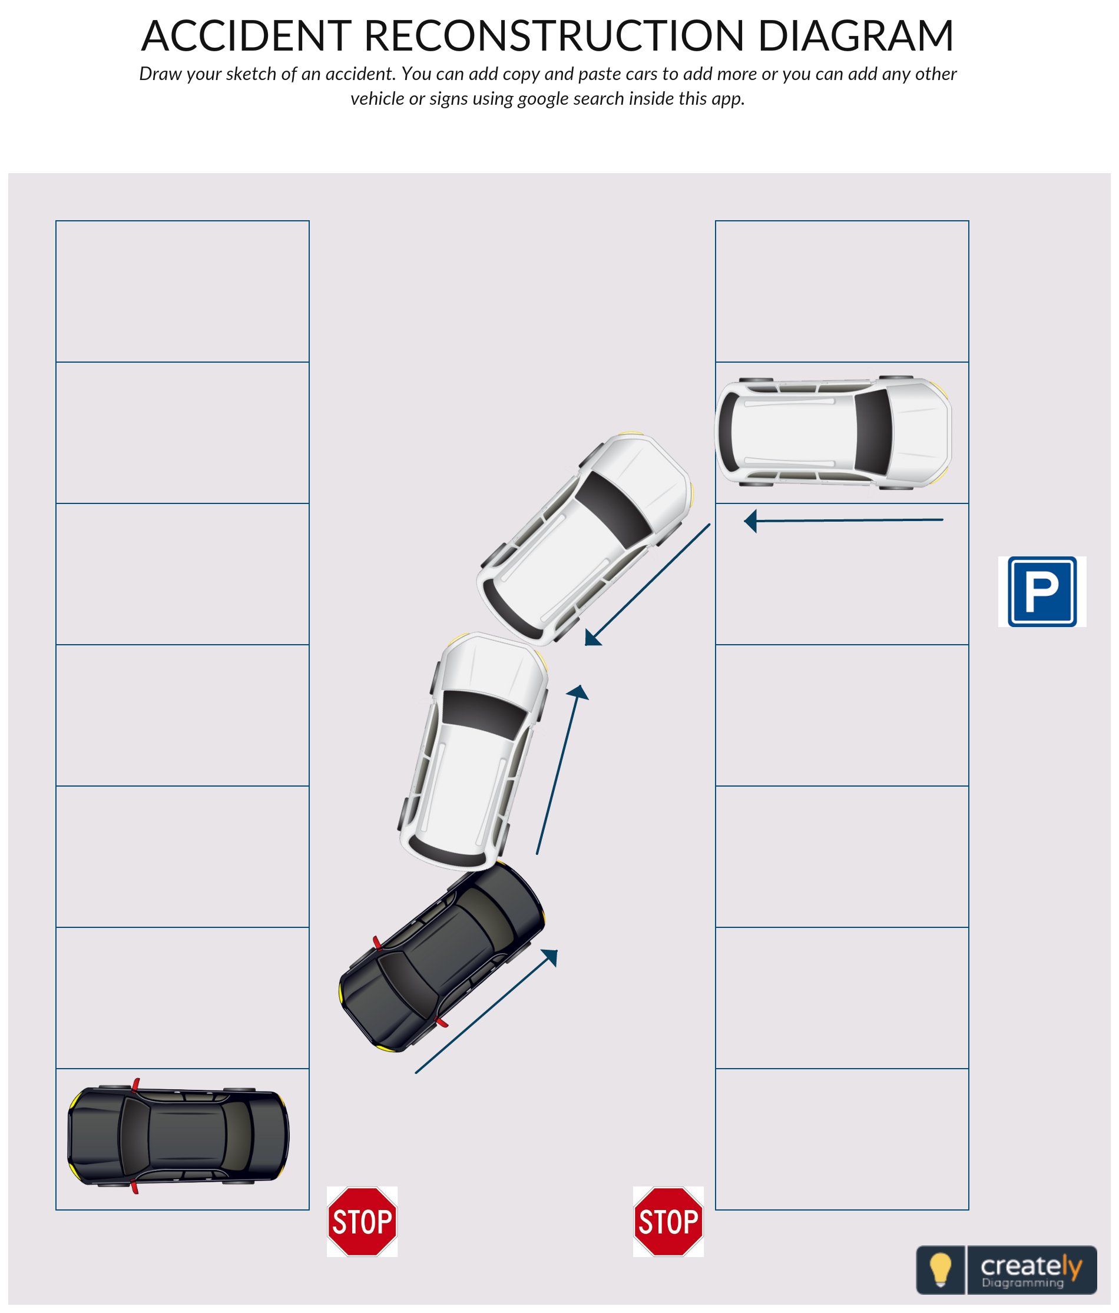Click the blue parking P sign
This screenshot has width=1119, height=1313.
click(x=1042, y=591)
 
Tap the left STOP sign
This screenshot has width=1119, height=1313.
click(x=362, y=1221)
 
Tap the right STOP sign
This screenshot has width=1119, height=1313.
click(x=668, y=1221)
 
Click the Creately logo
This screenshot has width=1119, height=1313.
click(x=1006, y=1270)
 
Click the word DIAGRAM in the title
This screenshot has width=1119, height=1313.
click(x=856, y=35)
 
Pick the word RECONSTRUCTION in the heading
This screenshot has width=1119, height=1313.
click(x=554, y=35)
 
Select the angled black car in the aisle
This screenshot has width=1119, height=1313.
click(x=441, y=957)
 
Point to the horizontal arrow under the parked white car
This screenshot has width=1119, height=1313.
click(x=843, y=520)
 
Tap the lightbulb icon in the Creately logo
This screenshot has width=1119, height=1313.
click(x=941, y=1269)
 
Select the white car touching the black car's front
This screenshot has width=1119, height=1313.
click(x=473, y=751)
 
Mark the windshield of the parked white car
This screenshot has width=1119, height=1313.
click(x=873, y=432)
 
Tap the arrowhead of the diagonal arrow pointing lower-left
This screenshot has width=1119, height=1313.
click(x=592, y=638)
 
